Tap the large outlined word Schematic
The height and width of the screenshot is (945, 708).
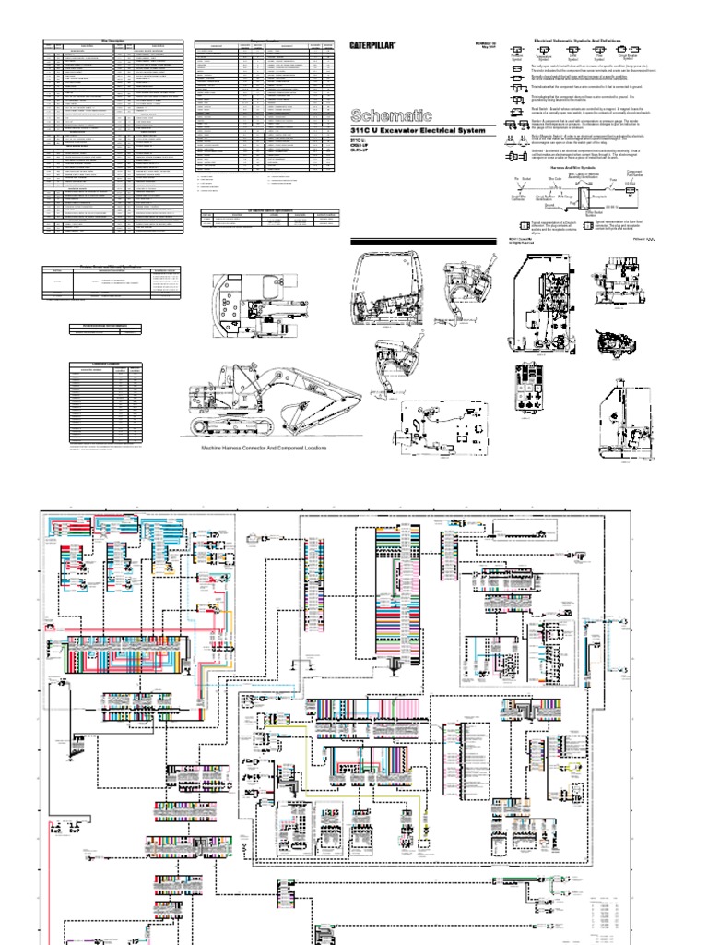[391, 115]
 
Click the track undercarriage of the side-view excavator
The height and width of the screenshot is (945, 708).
[230, 425]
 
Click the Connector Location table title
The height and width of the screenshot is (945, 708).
[108, 365]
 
